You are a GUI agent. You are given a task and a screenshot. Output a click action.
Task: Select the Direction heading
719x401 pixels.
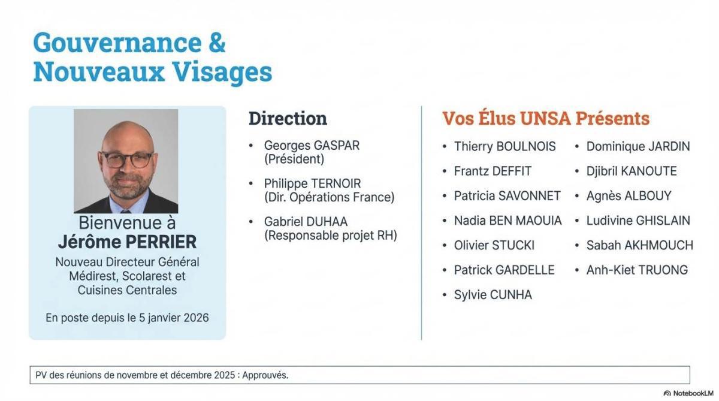[x=288, y=118]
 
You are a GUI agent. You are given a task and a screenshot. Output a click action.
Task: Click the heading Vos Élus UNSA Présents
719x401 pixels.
[x=545, y=118]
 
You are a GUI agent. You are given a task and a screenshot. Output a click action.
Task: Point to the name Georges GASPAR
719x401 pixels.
[x=312, y=146]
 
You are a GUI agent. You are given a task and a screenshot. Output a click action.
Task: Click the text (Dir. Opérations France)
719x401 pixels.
[x=330, y=197]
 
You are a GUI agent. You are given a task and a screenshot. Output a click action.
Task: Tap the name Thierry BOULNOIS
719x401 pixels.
[x=504, y=146]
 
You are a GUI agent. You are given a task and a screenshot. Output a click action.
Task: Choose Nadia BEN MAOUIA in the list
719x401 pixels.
[x=507, y=221]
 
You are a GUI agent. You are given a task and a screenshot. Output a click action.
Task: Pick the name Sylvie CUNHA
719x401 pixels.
[x=493, y=295]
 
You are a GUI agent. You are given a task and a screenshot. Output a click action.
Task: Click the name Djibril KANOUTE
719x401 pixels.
[x=631, y=171]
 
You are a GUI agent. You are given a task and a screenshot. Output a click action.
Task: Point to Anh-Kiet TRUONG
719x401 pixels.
[x=636, y=270]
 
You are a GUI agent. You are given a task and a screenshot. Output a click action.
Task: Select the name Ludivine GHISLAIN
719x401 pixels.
[x=638, y=221]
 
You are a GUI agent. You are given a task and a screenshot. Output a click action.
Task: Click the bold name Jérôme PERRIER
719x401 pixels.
[x=127, y=242]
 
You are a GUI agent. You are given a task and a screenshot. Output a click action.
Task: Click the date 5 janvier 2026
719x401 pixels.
[x=174, y=318]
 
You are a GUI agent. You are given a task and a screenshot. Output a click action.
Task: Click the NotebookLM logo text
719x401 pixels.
[x=693, y=393]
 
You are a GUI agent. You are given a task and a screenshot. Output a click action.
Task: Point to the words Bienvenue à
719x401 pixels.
[x=127, y=223]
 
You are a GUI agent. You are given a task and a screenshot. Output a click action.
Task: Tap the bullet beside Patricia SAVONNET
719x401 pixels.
[x=444, y=196]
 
